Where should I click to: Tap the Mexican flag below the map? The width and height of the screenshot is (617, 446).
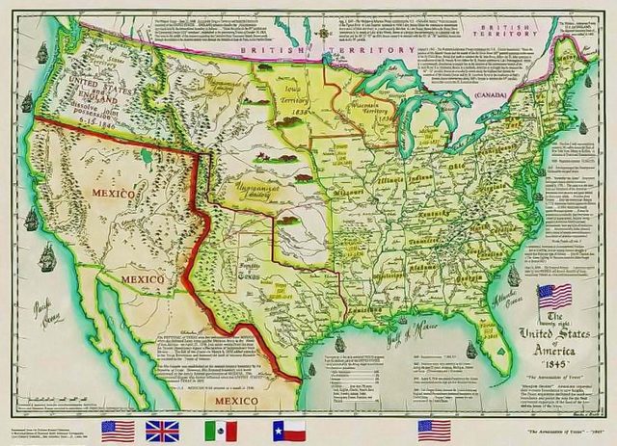pos(221,430)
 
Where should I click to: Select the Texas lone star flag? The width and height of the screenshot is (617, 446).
pos(288,430)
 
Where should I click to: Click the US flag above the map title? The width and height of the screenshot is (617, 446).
pos(555,296)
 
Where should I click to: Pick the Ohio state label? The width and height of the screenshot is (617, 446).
pos(450,165)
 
